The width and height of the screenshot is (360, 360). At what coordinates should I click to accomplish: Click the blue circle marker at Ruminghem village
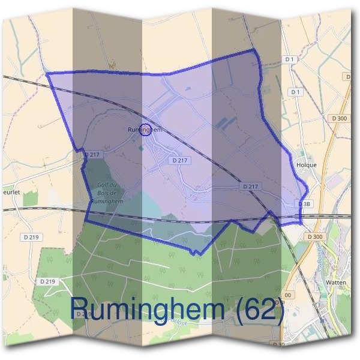(145, 130)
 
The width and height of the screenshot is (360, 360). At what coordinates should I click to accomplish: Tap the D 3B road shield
(305, 204)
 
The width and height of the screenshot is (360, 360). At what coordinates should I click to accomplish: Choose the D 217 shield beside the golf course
(91, 154)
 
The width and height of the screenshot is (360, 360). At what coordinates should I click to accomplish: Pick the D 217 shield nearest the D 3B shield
(251, 187)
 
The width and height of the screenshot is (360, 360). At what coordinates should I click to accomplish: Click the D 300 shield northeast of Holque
(339, 118)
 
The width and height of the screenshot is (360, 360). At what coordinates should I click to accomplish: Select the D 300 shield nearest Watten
(314, 237)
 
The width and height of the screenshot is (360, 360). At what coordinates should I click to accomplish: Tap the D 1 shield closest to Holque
(295, 92)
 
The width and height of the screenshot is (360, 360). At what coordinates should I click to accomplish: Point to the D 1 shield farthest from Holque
(290, 59)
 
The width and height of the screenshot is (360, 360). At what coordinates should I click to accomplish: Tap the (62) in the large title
(259, 311)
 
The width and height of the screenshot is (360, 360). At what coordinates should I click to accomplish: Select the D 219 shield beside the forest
(48, 281)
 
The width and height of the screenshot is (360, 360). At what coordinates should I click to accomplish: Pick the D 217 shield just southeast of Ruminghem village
(179, 160)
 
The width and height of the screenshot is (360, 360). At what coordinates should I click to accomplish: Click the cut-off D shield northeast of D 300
(349, 77)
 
